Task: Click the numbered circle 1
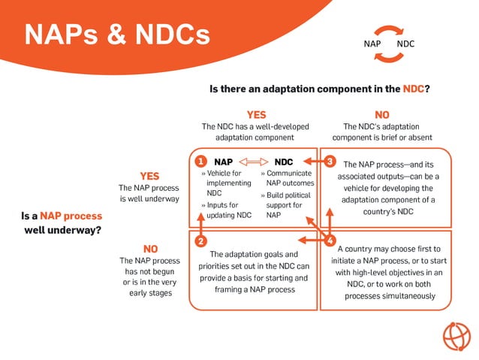tap(200, 162)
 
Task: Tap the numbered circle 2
tap(200, 241)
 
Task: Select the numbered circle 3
tap(330, 162)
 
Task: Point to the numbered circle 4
tap(330, 241)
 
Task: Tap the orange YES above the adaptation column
tap(257, 115)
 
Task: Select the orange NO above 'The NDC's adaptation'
tap(381, 115)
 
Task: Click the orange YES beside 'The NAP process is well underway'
tap(149, 176)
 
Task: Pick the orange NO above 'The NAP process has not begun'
tap(149, 248)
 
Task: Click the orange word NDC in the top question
tap(414, 89)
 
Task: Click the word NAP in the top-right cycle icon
tap(372, 44)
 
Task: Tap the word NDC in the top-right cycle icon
tap(405, 44)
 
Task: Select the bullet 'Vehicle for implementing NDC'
tap(226, 183)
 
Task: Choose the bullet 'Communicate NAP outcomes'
tap(288, 177)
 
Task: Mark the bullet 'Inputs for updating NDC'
tap(226, 210)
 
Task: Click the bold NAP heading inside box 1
tap(223, 162)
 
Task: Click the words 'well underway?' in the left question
tap(62, 230)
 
